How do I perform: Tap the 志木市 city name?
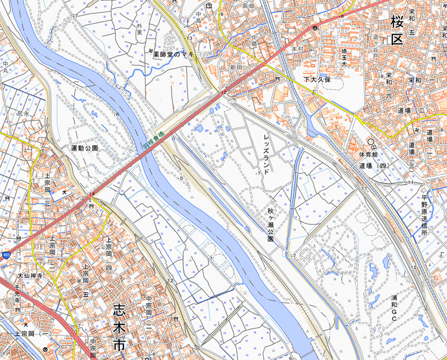[x=119, y=327]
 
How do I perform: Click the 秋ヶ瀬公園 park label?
[x=270, y=224]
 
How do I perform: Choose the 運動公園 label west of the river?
[x=85, y=149]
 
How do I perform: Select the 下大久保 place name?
[x=317, y=80]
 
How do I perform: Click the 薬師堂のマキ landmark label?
[x=175, y=55]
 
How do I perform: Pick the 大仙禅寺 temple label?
[x=30, y=276]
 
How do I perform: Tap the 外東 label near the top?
[x=139, y=29]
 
